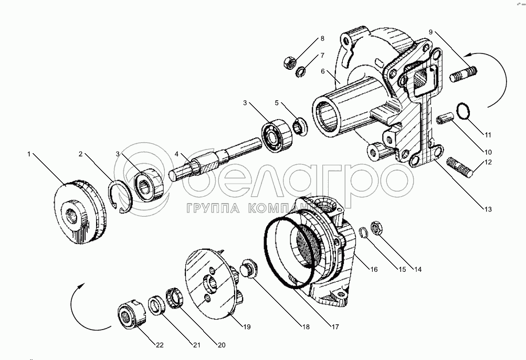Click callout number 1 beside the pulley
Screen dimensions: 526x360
[30, 154]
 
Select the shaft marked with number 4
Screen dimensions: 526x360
[210, 161]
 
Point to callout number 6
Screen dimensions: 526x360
[324, 71]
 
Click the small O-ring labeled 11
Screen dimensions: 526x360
[462, 112]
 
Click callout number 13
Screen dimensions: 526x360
[488, 209]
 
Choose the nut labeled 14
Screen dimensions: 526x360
[376, 227]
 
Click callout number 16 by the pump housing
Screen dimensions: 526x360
[373, 270]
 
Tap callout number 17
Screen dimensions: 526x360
[334, 326]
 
